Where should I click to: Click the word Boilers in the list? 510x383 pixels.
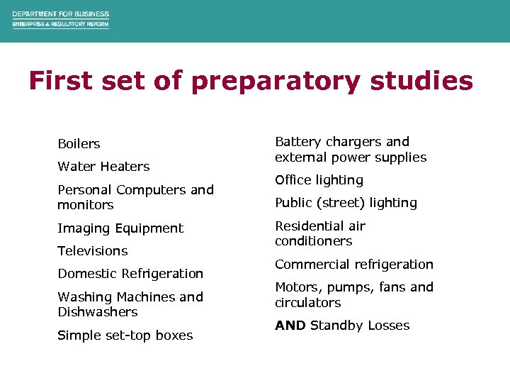click(x=79, y=144)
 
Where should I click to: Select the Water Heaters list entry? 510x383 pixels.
click(x=103, y=167)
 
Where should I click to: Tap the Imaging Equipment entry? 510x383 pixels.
click(x=120, y=228)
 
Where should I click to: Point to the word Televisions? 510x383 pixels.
click(x=92, y=251)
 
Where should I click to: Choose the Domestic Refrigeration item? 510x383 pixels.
click(x=130, y=274)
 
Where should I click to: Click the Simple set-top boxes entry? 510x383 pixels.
click(x=125, y=335)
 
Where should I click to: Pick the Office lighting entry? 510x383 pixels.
click(x=319, y=180)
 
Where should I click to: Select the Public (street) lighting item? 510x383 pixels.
click(x=346, y=203)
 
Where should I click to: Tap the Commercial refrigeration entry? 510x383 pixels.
click(x=353, y=265)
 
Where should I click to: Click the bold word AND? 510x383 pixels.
click(x=290, y=326)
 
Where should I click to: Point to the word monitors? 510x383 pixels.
click(x=85, y=205)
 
